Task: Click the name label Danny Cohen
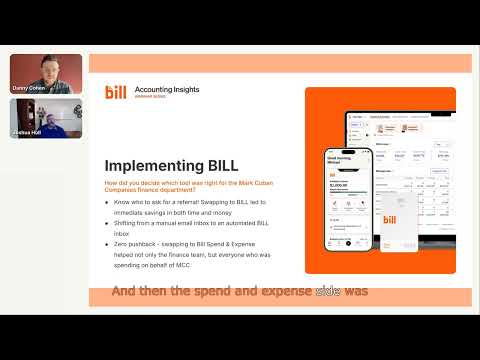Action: click(x=29, y=88)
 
